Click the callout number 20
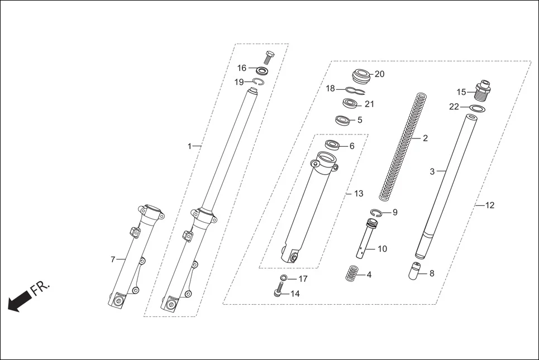pyautogui.click(x=380, y=74)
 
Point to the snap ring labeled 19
pyautogui.click(x=256, y=83)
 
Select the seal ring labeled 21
pyautogui.click(x=351, y=104)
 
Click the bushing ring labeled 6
pyautogui.click(x=332, y=146)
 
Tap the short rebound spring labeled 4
pyautogui.click(x=350, y=273)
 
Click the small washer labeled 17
pyautogui.click(x=283, y=278)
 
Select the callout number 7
pyautogui.click(x=113, y=260)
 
